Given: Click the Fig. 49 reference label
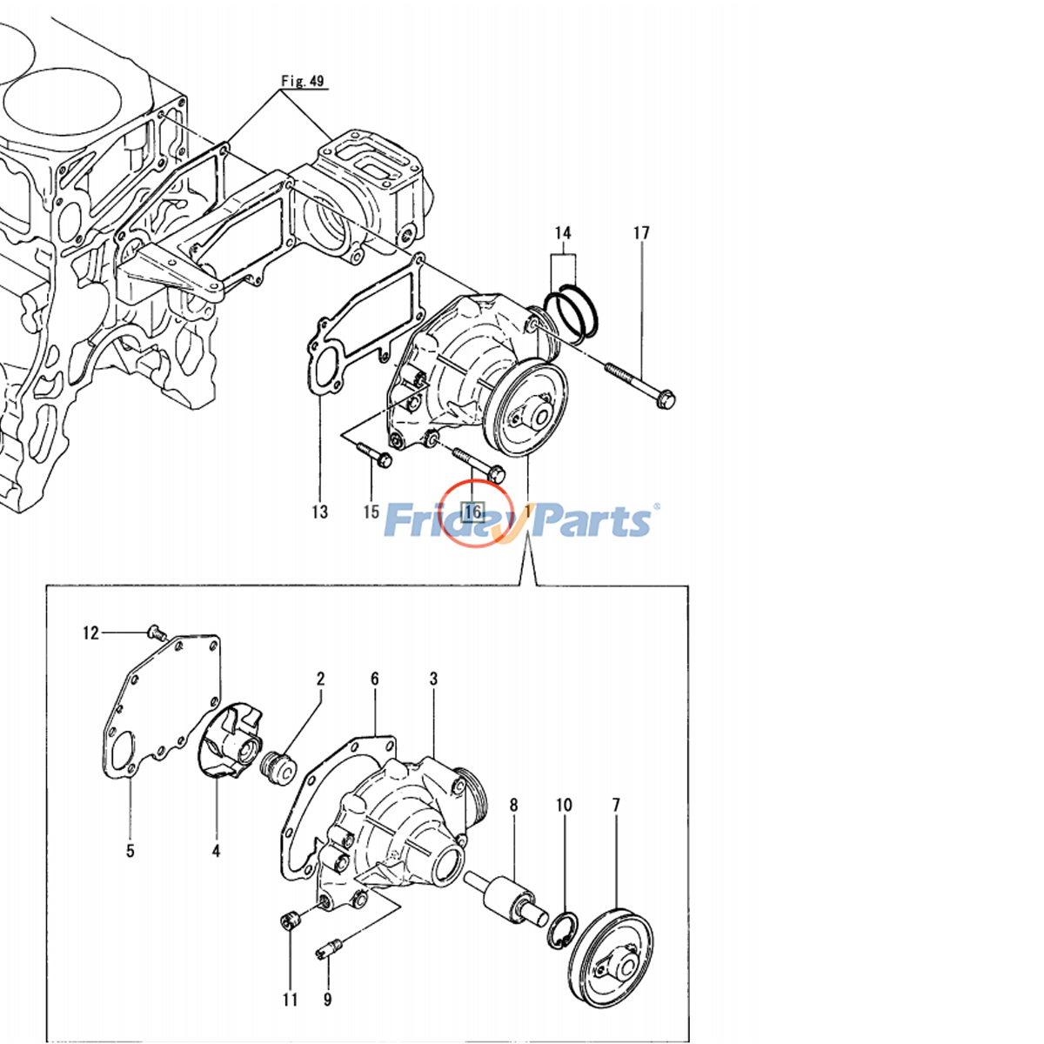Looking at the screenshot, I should point(302,82).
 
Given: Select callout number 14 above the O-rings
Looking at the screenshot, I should point(563,233).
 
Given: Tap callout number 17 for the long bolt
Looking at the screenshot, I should point(641,233).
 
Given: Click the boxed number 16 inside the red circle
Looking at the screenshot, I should point(474,512).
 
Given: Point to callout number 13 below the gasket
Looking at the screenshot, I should point(319,512).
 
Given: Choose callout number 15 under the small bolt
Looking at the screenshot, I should point(371,512).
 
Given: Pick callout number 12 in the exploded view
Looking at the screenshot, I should point(91,633).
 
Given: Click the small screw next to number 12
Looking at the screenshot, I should point(157,631).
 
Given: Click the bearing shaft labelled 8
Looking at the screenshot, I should point(506,897).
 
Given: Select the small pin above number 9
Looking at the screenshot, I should point(328,947).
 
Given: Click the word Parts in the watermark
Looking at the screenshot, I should point(592,522).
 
